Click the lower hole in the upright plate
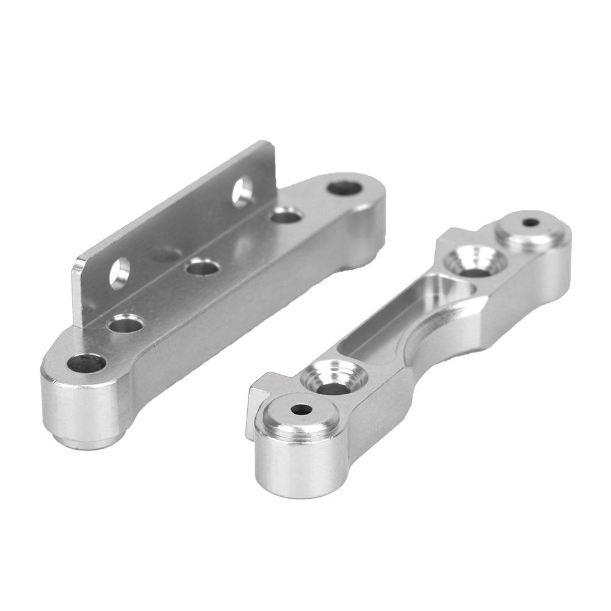(120, 272)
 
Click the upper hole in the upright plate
(242, 190)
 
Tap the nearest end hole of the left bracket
(86, 363)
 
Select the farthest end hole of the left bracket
(344, 187)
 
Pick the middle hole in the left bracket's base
(203, 267)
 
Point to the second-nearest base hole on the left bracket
(125, 323)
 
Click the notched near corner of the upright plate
(79, 269)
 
